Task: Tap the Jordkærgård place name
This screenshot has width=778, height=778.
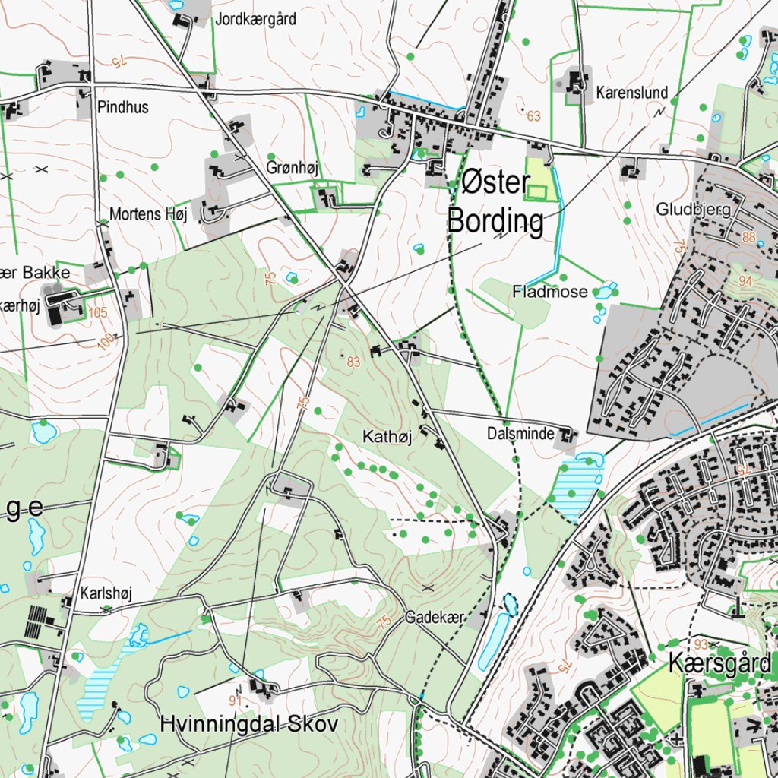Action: [x=255, y=19]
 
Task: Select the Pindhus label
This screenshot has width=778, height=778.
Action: [x=123, y=107]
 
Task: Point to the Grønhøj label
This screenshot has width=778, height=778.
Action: [x=292, y=167]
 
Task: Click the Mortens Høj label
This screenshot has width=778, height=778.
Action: [x=147, y=214]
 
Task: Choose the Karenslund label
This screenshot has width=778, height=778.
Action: [x=631, y=93]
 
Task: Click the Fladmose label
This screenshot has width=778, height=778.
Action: [x=550, y=292]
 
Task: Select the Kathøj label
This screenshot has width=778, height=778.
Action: [x=387, y=437]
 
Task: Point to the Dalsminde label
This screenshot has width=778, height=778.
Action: [x=520, y=435]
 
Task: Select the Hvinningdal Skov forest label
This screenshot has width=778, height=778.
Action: [x=248, y=723]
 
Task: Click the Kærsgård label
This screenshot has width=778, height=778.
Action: [x=719, y=663]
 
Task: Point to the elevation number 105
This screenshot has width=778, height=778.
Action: [x=97, y=312]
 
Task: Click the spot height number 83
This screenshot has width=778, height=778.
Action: [x=353, y=362]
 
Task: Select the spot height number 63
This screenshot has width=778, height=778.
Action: [x=533, y=116]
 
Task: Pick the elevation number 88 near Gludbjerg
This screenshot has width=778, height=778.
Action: [x=751, y=237]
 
